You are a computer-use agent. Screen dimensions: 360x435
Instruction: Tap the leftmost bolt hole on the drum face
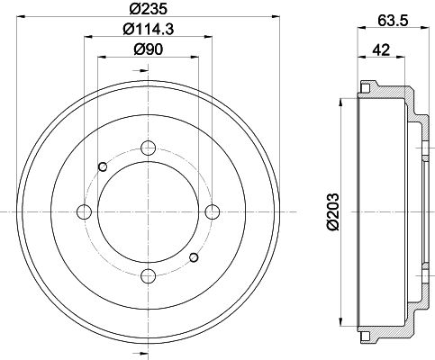pos(85,211)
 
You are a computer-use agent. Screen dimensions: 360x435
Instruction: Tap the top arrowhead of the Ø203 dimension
pos(341,99)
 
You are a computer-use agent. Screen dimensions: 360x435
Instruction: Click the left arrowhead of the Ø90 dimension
pos(101,58)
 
